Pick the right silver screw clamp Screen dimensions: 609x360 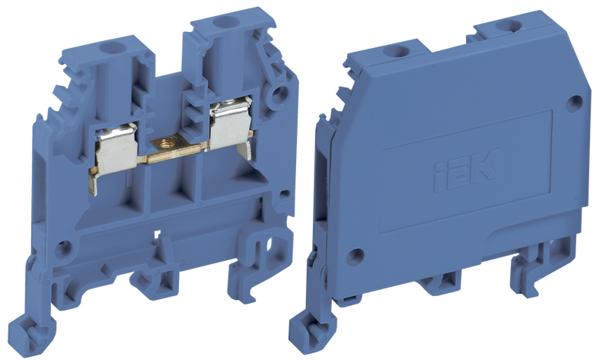(x=231, y=125)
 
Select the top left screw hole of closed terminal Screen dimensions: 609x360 (x=394, y=51)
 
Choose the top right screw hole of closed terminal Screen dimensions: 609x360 (x=507, y=26)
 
